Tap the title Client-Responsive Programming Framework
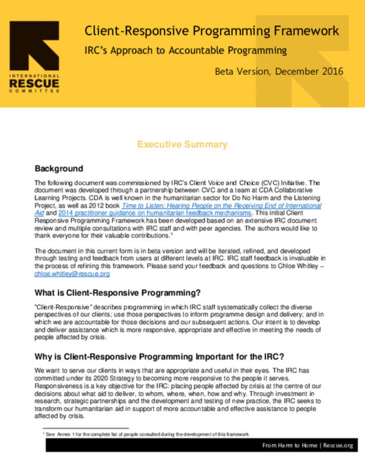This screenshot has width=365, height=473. [211, 31]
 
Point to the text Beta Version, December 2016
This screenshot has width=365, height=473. [280, 71]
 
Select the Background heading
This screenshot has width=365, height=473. [58, 168]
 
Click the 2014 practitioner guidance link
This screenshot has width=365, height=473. [156, 213]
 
